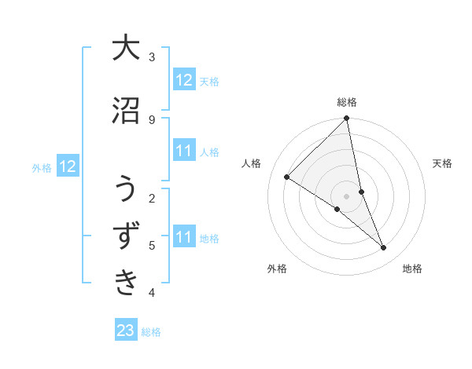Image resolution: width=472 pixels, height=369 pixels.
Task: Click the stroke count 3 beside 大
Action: click(x=152, y=57)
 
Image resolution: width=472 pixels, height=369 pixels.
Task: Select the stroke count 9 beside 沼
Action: click(x=152, y=119)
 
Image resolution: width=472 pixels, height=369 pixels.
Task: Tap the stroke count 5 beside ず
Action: click(x=152, y=245)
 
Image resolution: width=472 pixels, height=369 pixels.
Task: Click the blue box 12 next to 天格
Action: click(x=183, y=80)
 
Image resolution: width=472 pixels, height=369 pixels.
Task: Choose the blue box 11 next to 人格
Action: click(x=183, y=151)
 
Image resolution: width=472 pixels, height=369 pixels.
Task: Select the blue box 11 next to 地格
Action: click(x=183, y=237)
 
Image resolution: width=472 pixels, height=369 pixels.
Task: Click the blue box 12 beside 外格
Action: click(x=68, y=166)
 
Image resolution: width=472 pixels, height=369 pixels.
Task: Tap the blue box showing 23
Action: click(x=126, y=331)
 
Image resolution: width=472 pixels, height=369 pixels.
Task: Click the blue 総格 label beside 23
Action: click(x=151, y=332)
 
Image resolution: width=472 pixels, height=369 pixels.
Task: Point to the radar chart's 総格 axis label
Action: click(x=347, y=102)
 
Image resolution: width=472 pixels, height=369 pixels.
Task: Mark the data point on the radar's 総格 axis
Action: click(x=347, y=119)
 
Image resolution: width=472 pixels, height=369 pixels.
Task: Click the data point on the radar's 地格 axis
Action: click(x=384, y=248)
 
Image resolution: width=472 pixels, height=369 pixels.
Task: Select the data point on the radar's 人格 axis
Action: click(x=287, y=177)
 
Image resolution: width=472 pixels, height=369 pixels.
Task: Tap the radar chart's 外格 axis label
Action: click(x=277, y=269)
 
